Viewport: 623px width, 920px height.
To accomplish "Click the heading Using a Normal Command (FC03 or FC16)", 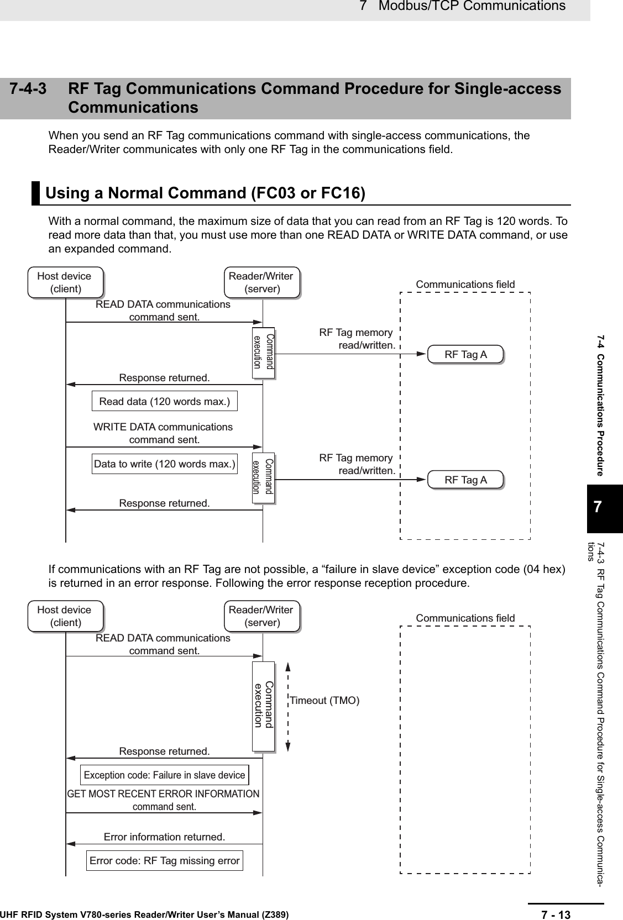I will [x=205, y=193].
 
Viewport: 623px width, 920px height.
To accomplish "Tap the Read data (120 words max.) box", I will [x=164, y=401].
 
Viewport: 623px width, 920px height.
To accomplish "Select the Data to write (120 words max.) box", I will [x=164, y=464].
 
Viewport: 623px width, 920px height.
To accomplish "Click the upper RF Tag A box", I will [x=465, y=355].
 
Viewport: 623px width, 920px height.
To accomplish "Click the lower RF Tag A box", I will [x=465, y=480].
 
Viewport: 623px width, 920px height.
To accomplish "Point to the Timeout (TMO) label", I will [x=325, y=701].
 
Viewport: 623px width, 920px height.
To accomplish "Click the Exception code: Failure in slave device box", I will [x=164, y=775].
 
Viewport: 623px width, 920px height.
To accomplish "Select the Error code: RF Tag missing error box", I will [x=164, y=860].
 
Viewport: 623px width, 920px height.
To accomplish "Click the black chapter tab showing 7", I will [x=597, y=508].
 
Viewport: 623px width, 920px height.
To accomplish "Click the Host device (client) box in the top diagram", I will [x=65, y=282].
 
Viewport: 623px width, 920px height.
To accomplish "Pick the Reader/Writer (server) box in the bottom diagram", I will [x=261, y=616].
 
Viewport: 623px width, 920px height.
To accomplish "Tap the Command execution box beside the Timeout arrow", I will [x=264, y=706].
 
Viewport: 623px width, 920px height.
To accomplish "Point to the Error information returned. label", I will [x=164, y=837].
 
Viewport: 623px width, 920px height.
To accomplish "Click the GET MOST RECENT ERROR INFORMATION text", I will [x=163, y=794].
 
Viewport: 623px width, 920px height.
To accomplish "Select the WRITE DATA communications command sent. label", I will [x=163, y=433].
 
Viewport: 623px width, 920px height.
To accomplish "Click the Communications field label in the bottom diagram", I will [x=465, y=618].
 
